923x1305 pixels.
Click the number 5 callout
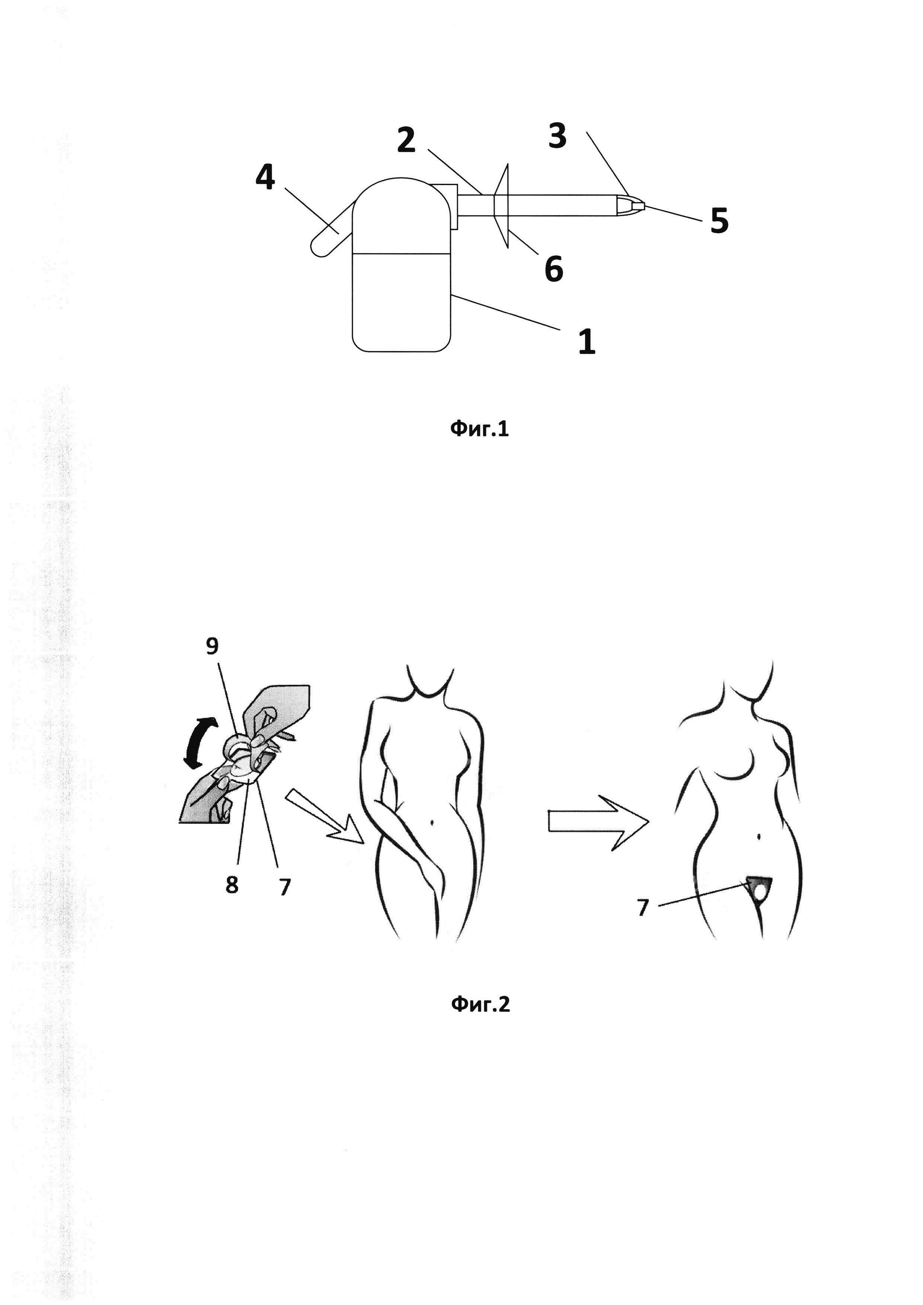tap(719, 221)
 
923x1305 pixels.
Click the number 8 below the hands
tap(231, 885)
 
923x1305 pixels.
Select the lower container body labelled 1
tap(401, 301)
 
